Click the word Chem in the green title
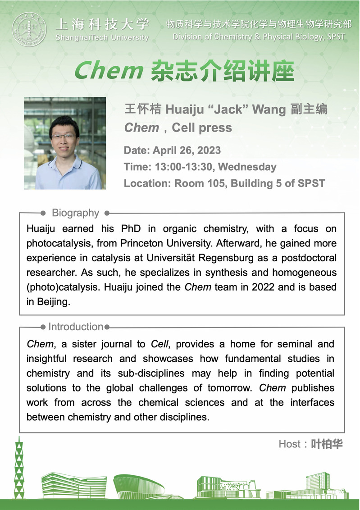108,71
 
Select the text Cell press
202,128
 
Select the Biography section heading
75,213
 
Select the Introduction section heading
76,327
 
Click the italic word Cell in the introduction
159,344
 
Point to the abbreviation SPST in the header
335,37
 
